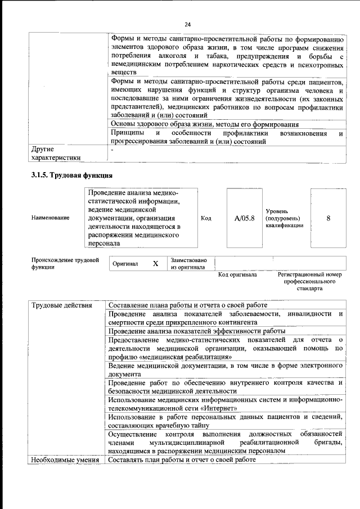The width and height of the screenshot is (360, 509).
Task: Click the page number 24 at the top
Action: coord(187,24)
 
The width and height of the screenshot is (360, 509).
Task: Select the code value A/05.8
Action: coord(245,218)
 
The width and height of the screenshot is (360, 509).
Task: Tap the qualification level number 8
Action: coord(328,218)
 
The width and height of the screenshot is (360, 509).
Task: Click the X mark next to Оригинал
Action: coord(155,263)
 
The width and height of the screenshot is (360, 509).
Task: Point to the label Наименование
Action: coord(51,218)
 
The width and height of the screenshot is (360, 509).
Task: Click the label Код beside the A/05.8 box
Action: coord(206,218)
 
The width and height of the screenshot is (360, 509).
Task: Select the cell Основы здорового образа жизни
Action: coord(204,124)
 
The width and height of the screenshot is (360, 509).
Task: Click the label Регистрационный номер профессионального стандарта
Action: coord(309,281)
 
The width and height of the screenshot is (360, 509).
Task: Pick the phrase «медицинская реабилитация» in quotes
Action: coord(186,357)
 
